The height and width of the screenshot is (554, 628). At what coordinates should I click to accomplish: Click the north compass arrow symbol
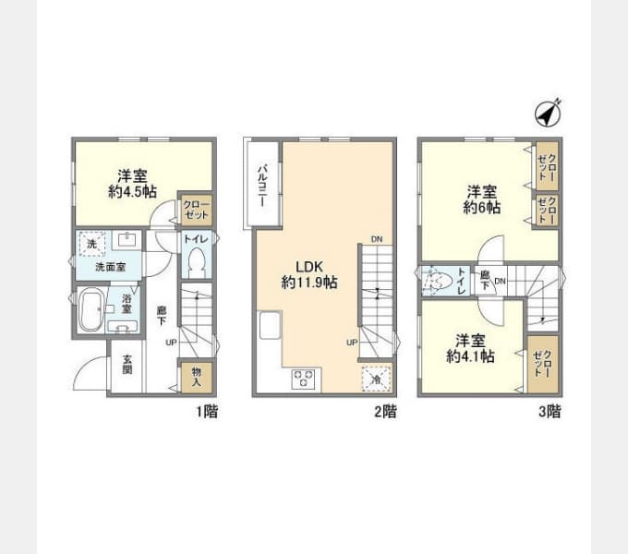click(x=549, y=113)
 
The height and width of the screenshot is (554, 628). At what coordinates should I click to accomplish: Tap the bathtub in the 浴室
click(x=91, y=311)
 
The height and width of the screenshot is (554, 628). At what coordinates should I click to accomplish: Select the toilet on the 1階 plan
click(x=196, y=262)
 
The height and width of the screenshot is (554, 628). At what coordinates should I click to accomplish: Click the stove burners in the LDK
click(x=303, y=379)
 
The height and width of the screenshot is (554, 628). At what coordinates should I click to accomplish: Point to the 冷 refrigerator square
click(x=376, y=379)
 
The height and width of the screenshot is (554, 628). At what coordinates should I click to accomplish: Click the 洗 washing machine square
click(x=92, y=244)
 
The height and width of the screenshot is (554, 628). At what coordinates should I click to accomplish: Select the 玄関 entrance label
click(x=127, y=365)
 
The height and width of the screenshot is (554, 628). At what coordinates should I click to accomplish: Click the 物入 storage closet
click(x=196, y=377)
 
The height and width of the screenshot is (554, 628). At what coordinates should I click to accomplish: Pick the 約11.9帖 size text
click(x=309, y=283)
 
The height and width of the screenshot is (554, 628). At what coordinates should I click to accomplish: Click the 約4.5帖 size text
click(x=132, y=192)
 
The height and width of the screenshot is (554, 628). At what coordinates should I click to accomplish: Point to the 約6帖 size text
click(x=482, y=208)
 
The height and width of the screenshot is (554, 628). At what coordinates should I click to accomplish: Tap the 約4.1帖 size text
click(x=470, y=356)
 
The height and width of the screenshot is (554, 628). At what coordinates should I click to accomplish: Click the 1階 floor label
click(x=207, y=412)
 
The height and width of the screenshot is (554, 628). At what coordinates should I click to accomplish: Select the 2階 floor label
click(x=385, y=412)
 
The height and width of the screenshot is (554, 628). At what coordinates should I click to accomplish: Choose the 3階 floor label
click(x=549, y=412)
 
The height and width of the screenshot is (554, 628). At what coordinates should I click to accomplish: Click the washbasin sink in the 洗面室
click(x=127, y=241)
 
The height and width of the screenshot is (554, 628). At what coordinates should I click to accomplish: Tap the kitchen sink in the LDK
click(x=270, y=325)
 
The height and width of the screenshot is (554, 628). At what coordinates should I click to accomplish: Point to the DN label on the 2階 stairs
click(x=377, y=239)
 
